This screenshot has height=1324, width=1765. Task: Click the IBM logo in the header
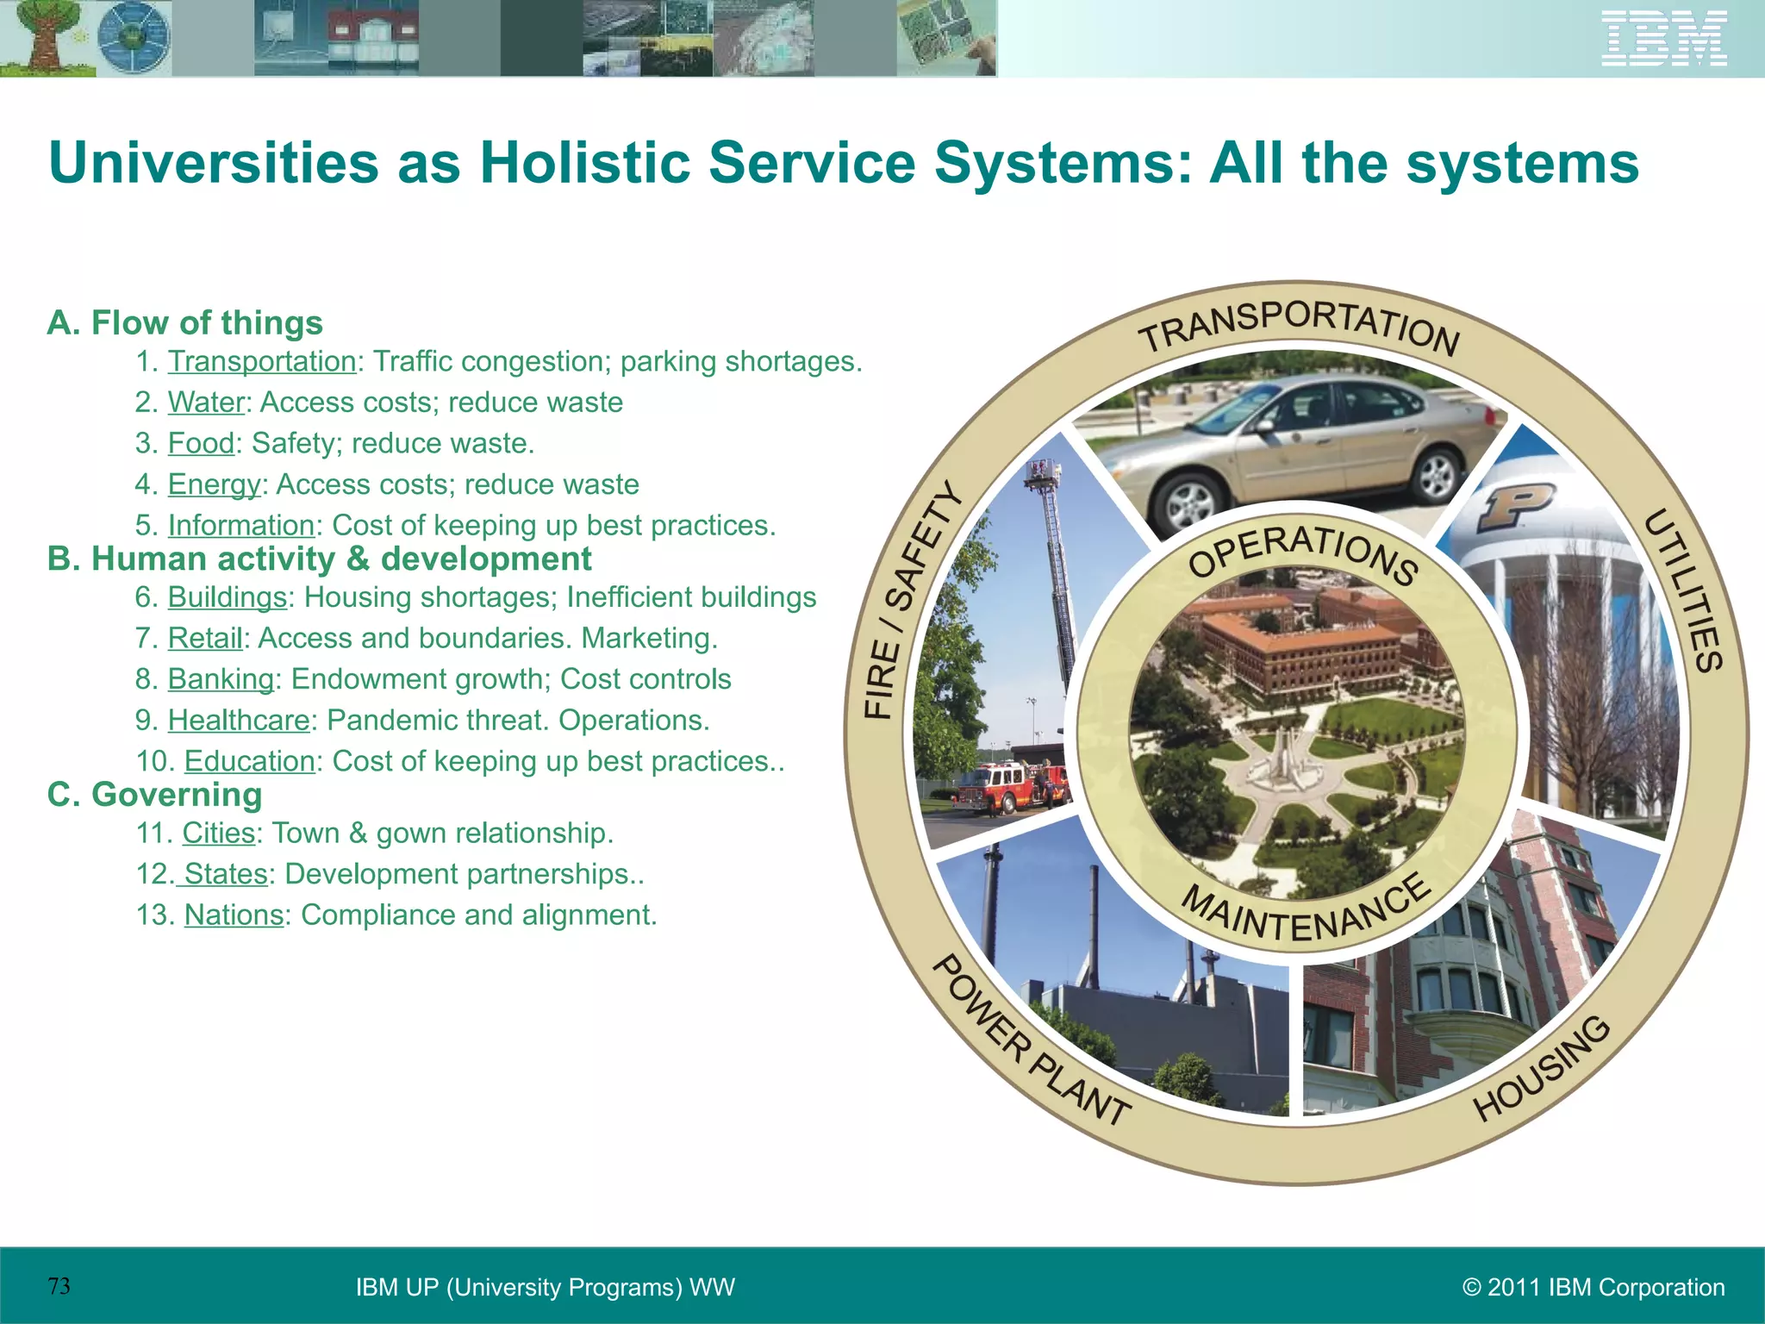[1664, 39]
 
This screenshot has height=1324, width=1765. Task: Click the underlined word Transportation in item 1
[261, 361]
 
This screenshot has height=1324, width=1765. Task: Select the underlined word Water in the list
[206, 403]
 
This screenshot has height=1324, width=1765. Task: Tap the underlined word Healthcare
[239, 720]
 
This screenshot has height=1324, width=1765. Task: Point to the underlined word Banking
[221, 679]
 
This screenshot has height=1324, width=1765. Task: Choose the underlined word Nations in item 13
[234, 915]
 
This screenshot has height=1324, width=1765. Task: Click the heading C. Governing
[154, 794]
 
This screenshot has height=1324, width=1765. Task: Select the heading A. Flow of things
[184, 322]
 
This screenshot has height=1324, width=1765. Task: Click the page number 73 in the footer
[59, 1286]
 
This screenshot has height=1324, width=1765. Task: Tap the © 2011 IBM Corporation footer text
[1593, 1287]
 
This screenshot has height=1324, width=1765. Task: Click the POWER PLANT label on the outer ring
[1029, 1042]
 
